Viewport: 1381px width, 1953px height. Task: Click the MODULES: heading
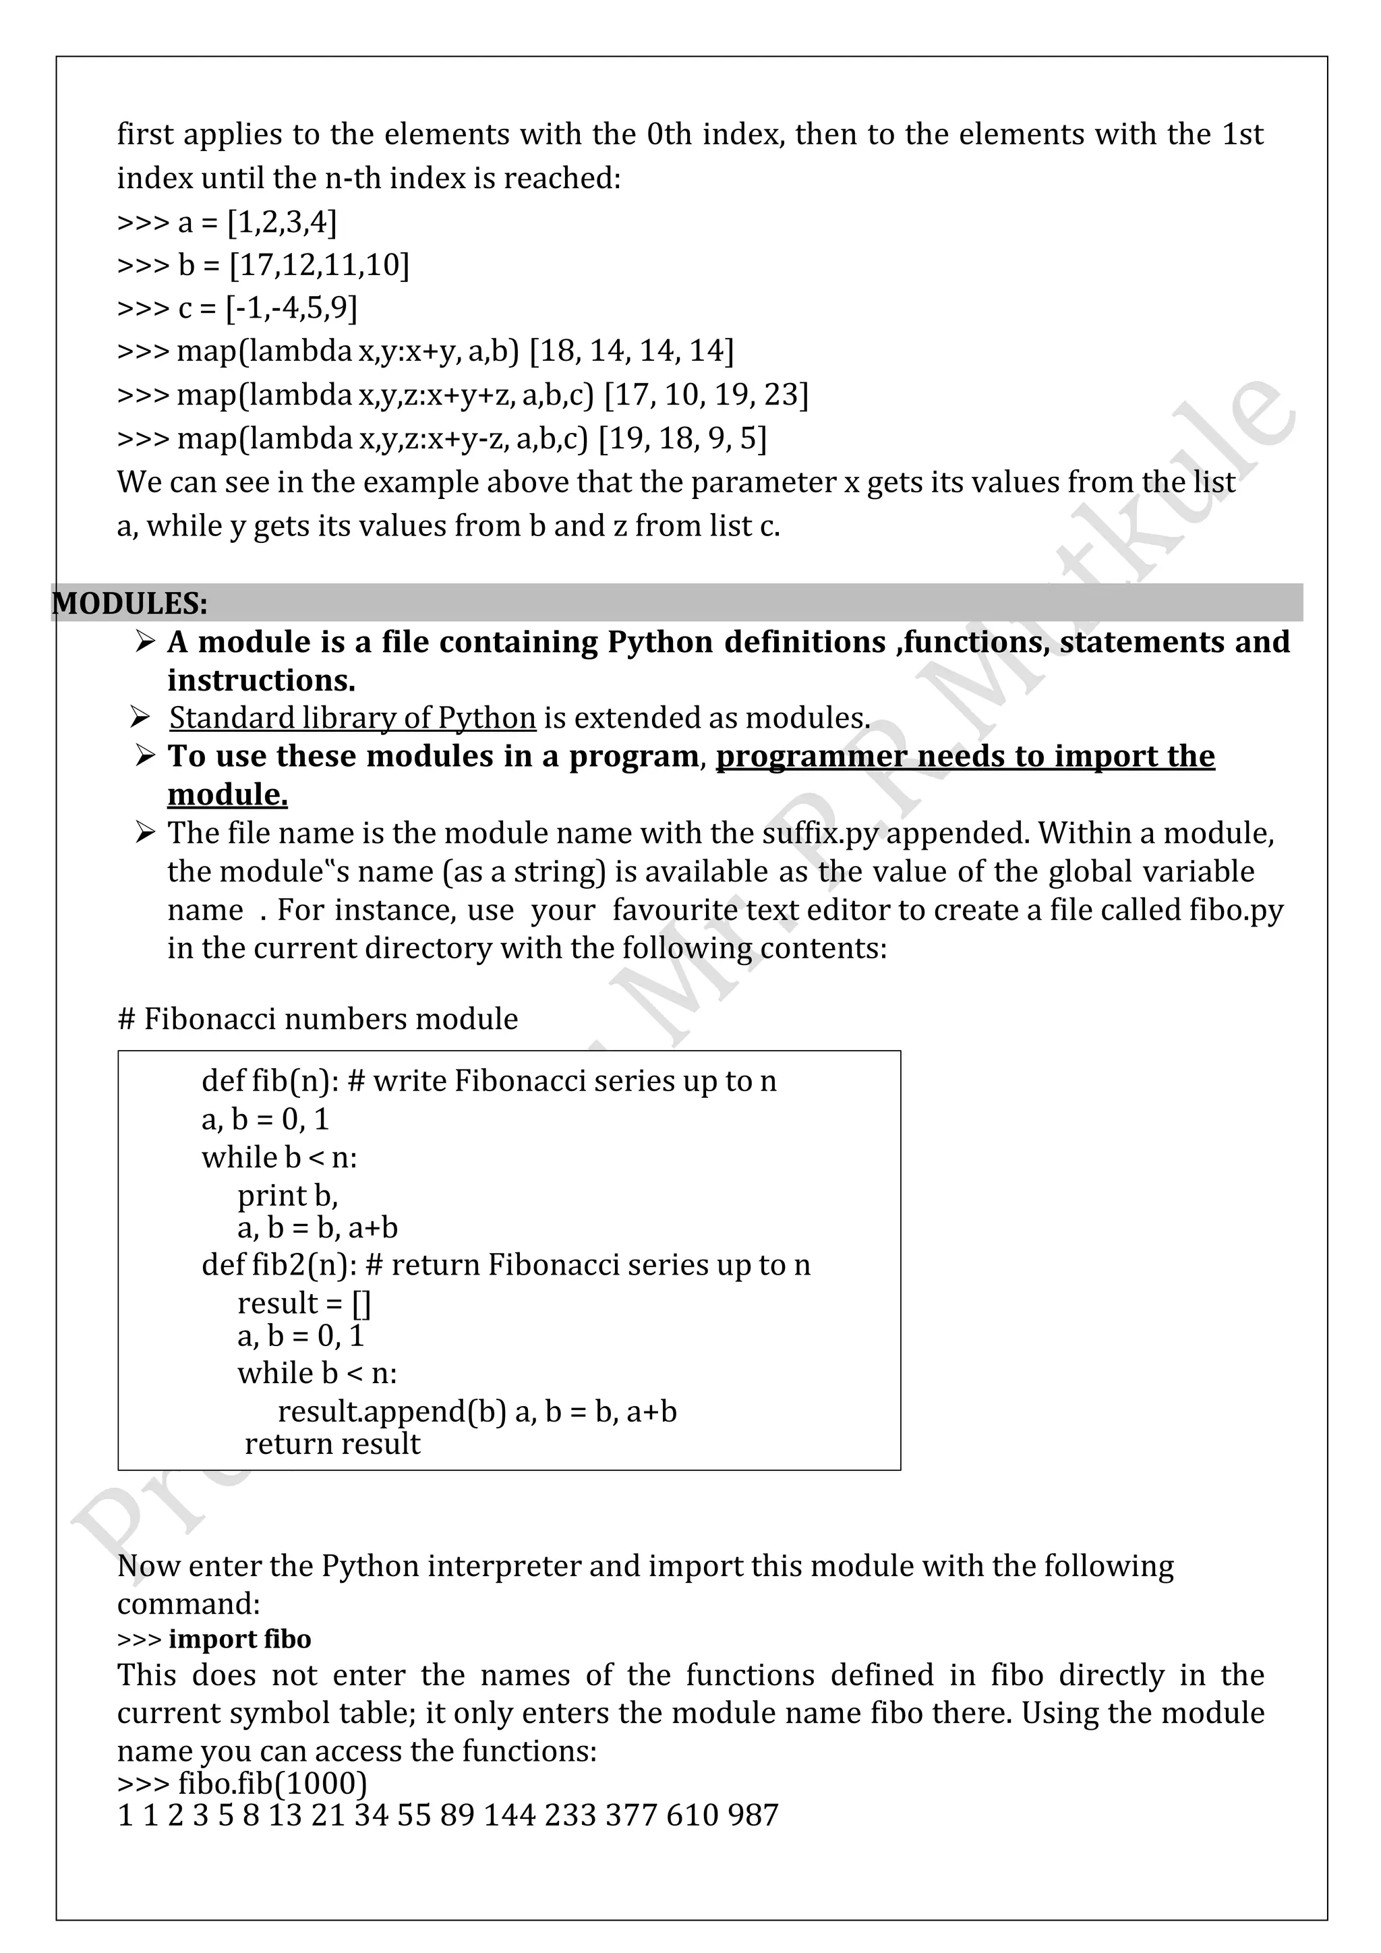coord(129,604)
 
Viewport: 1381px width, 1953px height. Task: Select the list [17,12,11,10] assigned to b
coord(320,266)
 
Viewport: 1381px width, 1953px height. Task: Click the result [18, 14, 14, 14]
coord(631,351)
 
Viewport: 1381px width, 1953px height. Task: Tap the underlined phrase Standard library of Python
coord(352,718)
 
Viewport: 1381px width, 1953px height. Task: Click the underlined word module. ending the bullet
coord(227,794)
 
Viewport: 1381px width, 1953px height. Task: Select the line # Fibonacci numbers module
coord(317,1018)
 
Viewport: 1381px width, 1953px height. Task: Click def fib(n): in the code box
coord(270,1081)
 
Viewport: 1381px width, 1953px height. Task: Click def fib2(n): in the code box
coord(279,1265)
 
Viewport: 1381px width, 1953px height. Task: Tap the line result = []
coord(303,1303)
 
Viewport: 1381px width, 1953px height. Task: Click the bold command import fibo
coord(240,1639)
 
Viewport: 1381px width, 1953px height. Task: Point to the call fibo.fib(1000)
coord(272,1783)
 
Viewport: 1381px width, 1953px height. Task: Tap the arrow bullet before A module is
coord(146,641)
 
